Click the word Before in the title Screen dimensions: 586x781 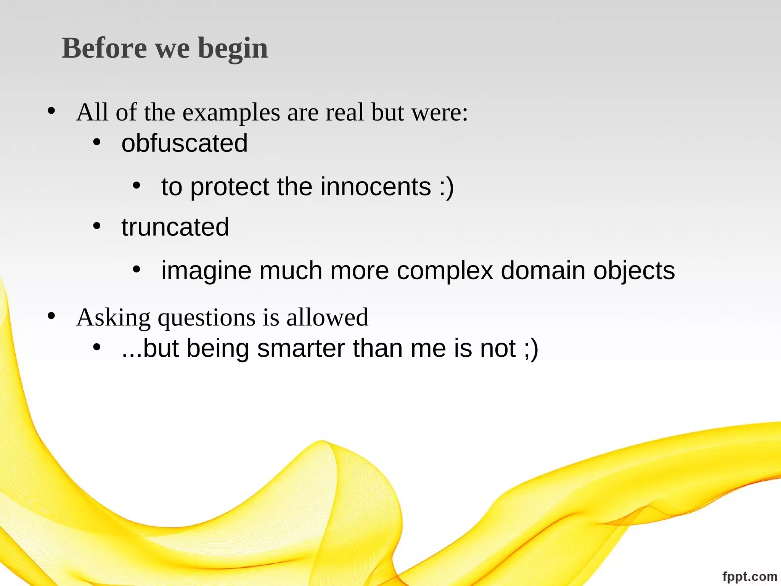pos(104,48)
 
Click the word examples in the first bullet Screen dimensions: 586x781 pos(231,113)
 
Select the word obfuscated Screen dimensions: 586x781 pos(185,143)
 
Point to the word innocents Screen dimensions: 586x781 pos(376,187)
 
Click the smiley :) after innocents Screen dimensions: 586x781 pos(447,187)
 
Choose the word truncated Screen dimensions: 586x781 pos(175,227)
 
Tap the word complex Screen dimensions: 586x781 pos(445,271)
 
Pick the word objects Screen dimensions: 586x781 pos(634,271)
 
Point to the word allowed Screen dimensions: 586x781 pos(327,317)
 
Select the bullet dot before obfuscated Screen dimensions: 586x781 pos(97,143)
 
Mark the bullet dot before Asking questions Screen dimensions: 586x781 pos(51,316)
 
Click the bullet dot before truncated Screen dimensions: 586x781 pos(97,226)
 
